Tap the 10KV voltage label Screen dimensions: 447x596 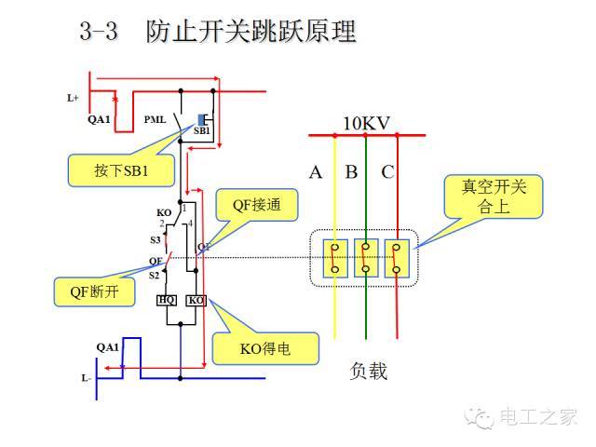tap(366, 124)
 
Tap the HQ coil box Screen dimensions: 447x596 tap(166, 300)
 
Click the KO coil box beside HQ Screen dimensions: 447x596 tap(196, 300)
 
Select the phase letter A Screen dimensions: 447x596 tap(316, 171)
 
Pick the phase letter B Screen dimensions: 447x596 tap(351, 171)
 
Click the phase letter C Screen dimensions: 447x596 tap(387, 171)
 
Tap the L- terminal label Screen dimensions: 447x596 tap(85, 378)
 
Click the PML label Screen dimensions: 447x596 tap(155, 119)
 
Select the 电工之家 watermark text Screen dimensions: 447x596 tap(539, 417)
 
